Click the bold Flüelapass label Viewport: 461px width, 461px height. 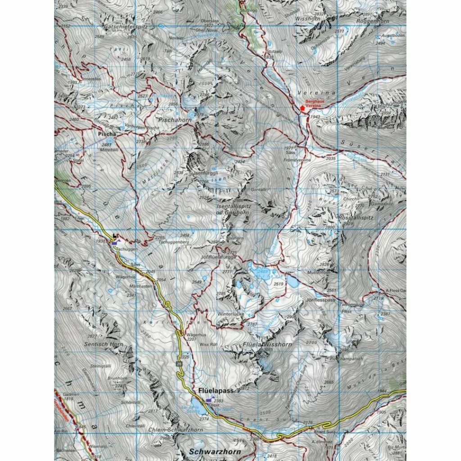[216, 391]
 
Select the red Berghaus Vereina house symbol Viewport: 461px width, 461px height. [302, 108]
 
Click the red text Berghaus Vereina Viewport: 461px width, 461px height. [315, 104]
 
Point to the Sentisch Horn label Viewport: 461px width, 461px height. [104, 344]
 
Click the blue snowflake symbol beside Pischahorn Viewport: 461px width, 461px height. [193, 115]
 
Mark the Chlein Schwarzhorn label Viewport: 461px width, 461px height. [176, 430]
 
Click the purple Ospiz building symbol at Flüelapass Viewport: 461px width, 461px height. [208, 400]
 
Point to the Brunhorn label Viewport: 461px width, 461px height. [116, 379]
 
